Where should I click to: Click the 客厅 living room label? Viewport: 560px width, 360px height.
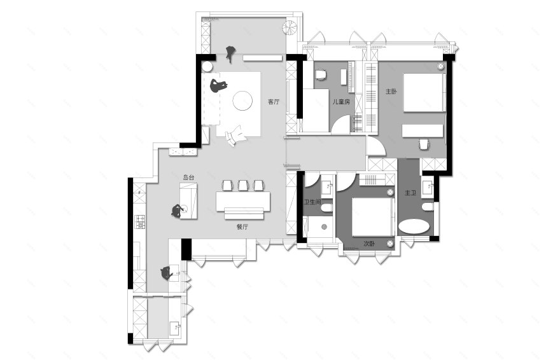coord(274,102)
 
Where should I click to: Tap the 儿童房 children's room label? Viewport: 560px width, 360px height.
coord(341,102)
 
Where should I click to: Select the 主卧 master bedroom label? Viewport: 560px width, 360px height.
coord(391,92)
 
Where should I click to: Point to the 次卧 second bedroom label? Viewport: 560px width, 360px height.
coord(369,244)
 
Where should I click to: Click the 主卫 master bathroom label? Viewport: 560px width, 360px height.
coord(410,193)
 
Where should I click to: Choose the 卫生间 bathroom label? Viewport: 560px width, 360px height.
coord(312,202)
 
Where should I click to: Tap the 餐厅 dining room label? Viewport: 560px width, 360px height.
coord(242,227)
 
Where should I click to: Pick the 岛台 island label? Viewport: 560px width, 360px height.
coord(188,177)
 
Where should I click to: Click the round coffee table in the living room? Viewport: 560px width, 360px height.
coord(243,100)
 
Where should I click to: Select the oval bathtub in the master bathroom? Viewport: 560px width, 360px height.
coord(414,227)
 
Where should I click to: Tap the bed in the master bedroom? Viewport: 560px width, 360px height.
coord(424,93)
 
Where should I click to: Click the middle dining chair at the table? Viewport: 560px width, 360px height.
coord(243,186)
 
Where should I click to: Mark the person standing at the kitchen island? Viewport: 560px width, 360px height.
coord(178,211)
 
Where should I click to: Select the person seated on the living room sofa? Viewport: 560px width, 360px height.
coord(218,86)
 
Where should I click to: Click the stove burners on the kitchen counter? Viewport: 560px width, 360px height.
coord(139,221)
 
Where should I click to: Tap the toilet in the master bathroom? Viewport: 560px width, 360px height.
coord(427,207)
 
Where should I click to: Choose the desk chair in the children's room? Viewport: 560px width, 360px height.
coord(320,75)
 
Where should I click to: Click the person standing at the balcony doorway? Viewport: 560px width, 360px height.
coord(231,53)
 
